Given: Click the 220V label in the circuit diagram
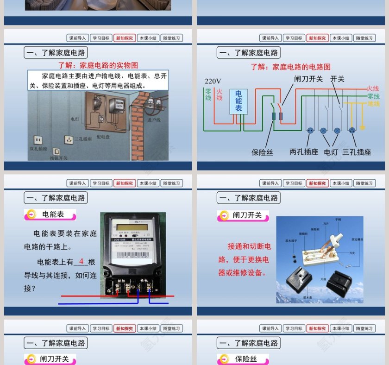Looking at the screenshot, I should pyautogui.click(x=213, y=81).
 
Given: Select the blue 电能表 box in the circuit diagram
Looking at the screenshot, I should pyautogui.click(x=238, y=101).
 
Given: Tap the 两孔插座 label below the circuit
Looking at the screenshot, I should pyautogui.click(x=303, y=151).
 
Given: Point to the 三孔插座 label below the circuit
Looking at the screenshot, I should pyautogui.click(x=357, y=151).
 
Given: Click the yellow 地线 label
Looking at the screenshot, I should pyautogui.click(x=373, y=104).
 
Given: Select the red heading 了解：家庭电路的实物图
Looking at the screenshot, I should pyautogui.click(x=98, y=65).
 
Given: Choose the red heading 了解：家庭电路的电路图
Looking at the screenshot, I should pyautogui.click(x=290, y=67).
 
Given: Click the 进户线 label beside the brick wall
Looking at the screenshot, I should pyautogui.click(x=154, y=120).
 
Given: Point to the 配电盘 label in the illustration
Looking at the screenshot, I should pyautogui.click(x=103, y=137).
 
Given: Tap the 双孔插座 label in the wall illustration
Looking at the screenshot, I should pyautogui.click(x=38, y=149).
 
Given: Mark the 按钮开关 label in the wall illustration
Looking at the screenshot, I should pyautogui.click(x=58, y=158).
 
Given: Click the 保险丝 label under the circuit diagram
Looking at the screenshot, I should pyautogui.click(x=262, y=152).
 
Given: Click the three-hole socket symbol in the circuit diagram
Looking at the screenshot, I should pyautogui.click(x=352, y=131).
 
